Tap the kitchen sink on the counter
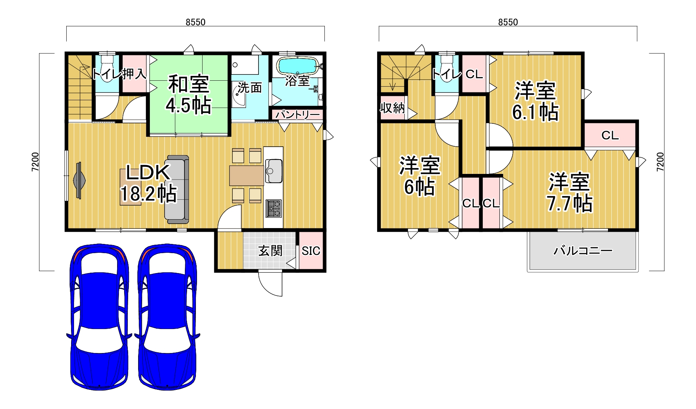point(273,171)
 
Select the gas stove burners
point(273,209)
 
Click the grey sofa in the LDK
point(177,189)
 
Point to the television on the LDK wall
point(79,181)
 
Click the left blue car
point(99,316)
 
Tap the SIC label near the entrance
point(311,251)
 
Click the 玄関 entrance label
point(270,251)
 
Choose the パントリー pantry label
point(298,115)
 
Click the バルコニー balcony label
point(583,251)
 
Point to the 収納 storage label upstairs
point(393,108)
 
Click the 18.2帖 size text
point(148,193)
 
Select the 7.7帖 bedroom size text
point(570,203)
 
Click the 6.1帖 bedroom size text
point(535,112)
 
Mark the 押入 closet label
point(134,74)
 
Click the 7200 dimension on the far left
point(35,162)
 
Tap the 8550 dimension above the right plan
point(508,22)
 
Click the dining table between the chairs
point(247,176)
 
